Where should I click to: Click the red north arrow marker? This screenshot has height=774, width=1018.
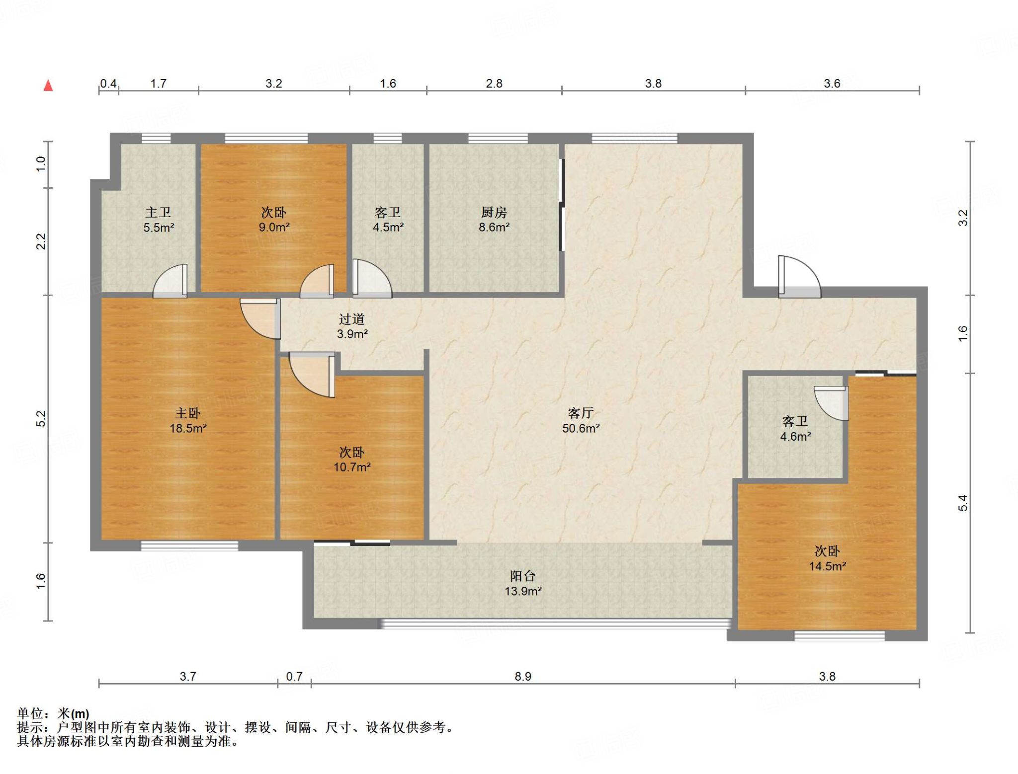coord(48,85)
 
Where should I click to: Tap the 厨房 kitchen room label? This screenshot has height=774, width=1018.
coord(494,213)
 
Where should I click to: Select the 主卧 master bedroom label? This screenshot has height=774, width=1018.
coord(188,413)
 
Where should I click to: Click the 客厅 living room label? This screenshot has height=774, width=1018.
coord(581,413)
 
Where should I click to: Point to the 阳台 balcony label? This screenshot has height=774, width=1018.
coord(523,576)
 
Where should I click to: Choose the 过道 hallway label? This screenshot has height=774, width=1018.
coord(352,319)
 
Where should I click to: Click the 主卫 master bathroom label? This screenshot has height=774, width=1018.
coord(158,213)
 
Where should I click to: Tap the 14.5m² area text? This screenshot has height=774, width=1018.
coord(828,566)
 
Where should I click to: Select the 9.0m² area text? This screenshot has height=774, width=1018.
coord(274,228)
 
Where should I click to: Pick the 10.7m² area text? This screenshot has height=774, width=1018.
coord(352,467)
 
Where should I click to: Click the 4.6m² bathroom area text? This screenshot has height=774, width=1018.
coord(795,437)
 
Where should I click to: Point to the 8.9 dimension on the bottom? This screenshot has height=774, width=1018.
coord(523,676)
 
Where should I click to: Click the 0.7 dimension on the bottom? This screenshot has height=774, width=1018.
coord(294,676)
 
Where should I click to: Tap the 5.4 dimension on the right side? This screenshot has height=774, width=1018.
coord(963,503)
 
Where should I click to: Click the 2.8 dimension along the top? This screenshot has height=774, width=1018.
coord(494,83)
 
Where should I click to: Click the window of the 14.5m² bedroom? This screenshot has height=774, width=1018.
coord(840,635)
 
